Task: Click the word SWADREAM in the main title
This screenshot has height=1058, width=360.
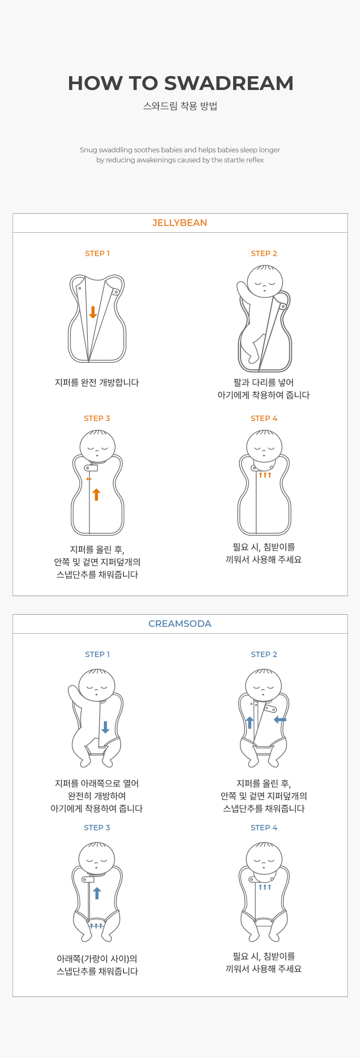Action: pos(229,83)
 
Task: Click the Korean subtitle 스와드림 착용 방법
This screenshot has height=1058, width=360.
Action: pos(180,106)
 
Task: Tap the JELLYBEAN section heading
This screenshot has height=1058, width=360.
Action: pos(180,223)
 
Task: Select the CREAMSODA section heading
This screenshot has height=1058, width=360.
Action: pos(180,624)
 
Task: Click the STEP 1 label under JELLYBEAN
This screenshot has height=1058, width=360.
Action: pos(97,254)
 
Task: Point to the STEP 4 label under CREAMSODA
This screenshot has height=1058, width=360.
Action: pos(264,827)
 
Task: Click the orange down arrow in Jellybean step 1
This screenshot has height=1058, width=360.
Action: pos(93,312)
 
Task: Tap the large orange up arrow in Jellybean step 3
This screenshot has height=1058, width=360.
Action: pos(97,494)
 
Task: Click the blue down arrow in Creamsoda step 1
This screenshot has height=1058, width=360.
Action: pos(105,727)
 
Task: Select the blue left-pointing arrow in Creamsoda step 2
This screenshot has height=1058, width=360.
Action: pos(280,720)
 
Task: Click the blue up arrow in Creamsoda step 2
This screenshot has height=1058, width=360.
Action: pos(250,722)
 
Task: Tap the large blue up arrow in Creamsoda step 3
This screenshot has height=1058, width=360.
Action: pos(97,893)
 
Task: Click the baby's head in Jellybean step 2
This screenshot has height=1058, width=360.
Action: pos(265,281)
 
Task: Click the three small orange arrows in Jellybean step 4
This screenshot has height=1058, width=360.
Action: pos(265,475)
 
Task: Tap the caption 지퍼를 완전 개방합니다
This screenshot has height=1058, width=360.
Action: pos(97,383)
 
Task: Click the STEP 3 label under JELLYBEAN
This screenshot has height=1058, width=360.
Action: pos(97,419)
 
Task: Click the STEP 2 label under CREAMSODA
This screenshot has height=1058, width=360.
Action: pos(264,655)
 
